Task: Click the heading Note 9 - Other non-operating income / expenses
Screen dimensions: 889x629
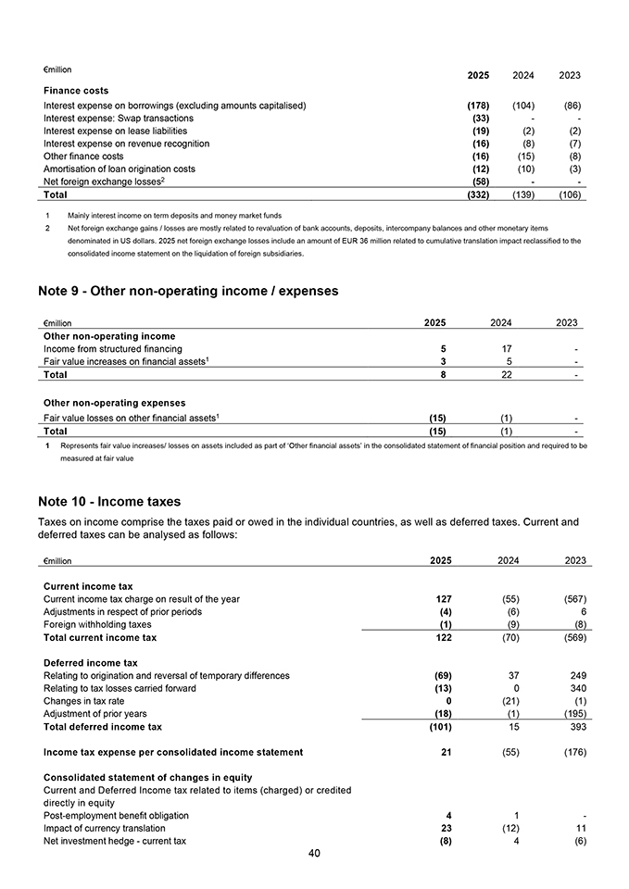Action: tap(188, 291)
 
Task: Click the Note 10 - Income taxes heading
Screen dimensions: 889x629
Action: tap(109, 502)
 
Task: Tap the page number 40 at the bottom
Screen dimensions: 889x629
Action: tap(314, 853)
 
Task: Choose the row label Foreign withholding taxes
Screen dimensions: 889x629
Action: tap(97, 624)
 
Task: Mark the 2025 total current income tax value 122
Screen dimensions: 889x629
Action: tap(443, 637)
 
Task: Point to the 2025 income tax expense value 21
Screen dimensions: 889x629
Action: tap(446, 752)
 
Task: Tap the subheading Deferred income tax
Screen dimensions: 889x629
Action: tap(91, 662)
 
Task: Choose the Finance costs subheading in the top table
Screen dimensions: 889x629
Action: tap(76, 91)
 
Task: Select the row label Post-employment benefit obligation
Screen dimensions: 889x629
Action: tap(117, 815)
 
